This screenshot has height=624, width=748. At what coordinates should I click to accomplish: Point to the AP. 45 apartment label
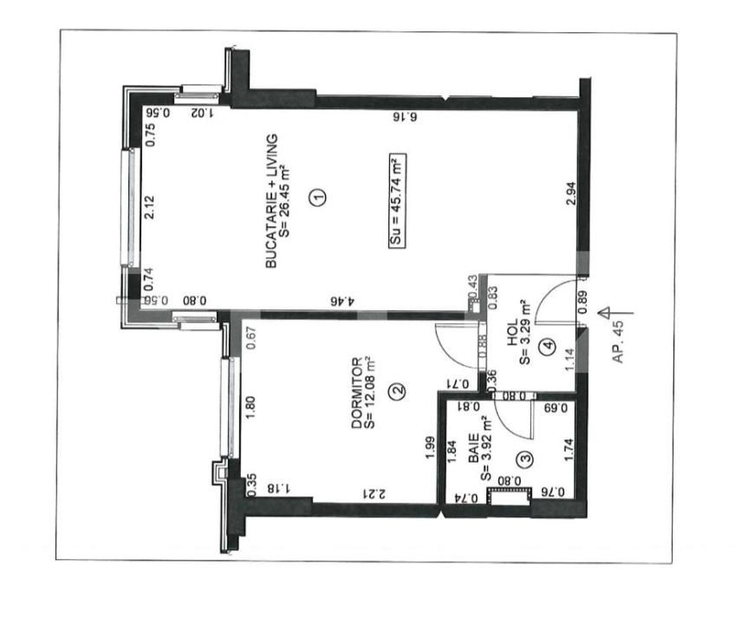(618, 341)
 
